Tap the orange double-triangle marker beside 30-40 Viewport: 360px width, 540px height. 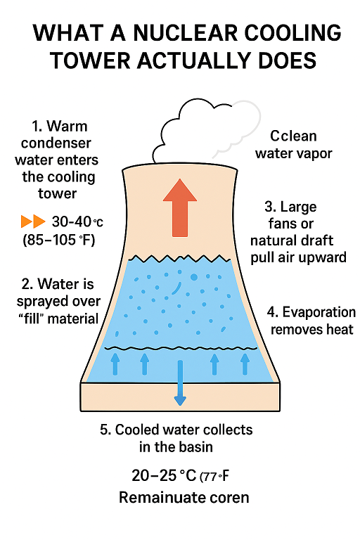click(32, 221)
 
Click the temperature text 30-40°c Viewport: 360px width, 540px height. click(77, 222)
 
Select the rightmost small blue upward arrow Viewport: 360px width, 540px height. click(245, 363)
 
